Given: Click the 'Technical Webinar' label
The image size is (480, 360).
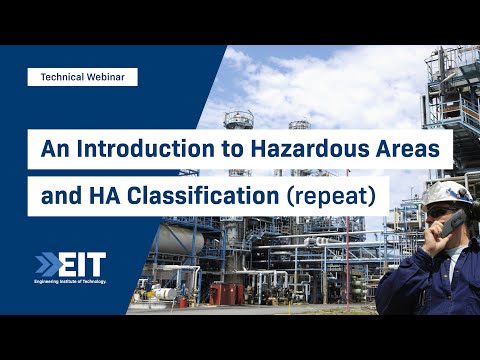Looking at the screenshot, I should click(82, 76).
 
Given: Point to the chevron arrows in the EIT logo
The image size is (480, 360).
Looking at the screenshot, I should click(46, 266).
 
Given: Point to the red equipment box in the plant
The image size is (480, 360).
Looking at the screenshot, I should click(227, 293).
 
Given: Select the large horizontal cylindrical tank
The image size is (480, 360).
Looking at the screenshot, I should click(181, 240).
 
